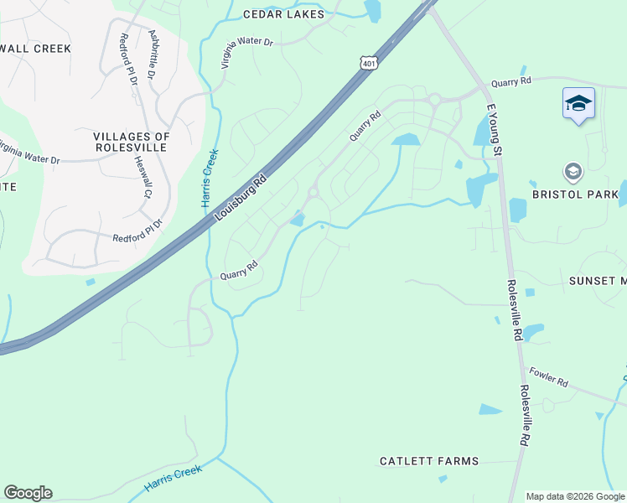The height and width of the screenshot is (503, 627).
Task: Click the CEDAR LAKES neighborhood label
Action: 282,14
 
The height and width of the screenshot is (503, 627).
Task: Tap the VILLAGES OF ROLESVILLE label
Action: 132,142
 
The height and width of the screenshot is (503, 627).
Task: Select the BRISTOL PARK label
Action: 575,194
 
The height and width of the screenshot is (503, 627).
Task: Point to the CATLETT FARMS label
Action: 429,461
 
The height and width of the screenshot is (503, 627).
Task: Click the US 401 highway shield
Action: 370,63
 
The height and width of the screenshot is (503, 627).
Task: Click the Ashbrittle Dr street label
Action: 153,54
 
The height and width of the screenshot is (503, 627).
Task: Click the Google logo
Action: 28,493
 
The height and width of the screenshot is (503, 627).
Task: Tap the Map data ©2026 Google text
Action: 575,496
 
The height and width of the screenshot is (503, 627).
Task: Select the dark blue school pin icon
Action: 578,103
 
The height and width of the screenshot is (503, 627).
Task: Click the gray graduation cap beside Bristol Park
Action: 573,173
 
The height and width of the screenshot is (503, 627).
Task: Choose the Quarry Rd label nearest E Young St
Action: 511,82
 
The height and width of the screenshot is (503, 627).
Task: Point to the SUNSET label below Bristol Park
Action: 598,281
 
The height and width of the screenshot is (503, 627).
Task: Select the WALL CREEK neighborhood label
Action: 35,49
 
